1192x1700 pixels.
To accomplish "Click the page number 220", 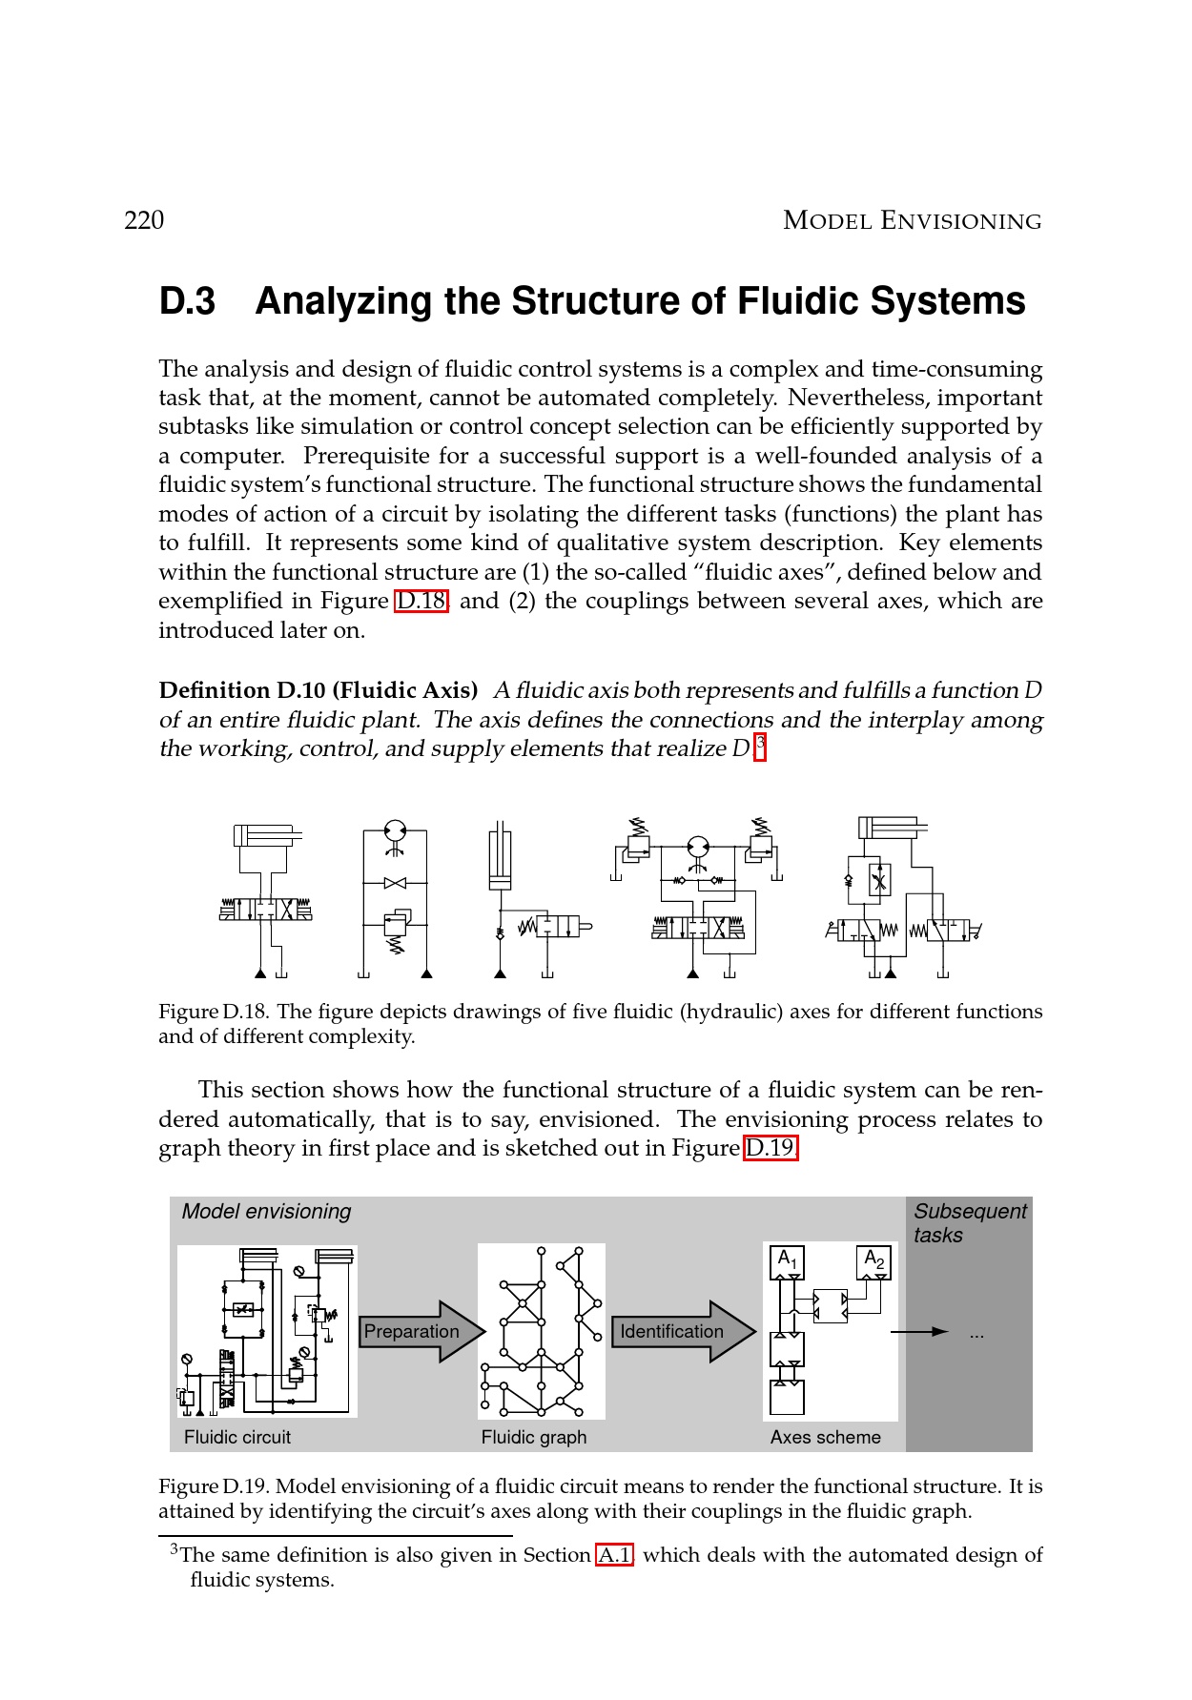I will point(144,220).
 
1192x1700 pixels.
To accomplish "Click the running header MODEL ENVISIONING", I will point(912,221).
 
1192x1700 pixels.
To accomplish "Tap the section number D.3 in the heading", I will point(187,301).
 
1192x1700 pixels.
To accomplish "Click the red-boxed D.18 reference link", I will point(421,602).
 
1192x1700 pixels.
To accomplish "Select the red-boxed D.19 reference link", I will point(771,1148).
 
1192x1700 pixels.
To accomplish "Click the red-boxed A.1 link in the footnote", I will point(615,1555).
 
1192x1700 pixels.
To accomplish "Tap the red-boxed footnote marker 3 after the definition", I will point(760,745).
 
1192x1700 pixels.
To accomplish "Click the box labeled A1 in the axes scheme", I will point(787,1261).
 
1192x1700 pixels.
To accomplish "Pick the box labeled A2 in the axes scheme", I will point(873,1261).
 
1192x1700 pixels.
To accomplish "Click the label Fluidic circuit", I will point(237,1437).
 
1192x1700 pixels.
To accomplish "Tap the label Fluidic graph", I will point(534,1437).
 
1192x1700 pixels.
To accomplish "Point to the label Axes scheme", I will point(826,1437).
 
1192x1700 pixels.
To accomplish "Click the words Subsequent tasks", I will point(969,1222).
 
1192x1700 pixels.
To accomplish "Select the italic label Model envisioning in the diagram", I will point(266,1211).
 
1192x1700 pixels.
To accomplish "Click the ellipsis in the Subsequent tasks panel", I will point(976,1335).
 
